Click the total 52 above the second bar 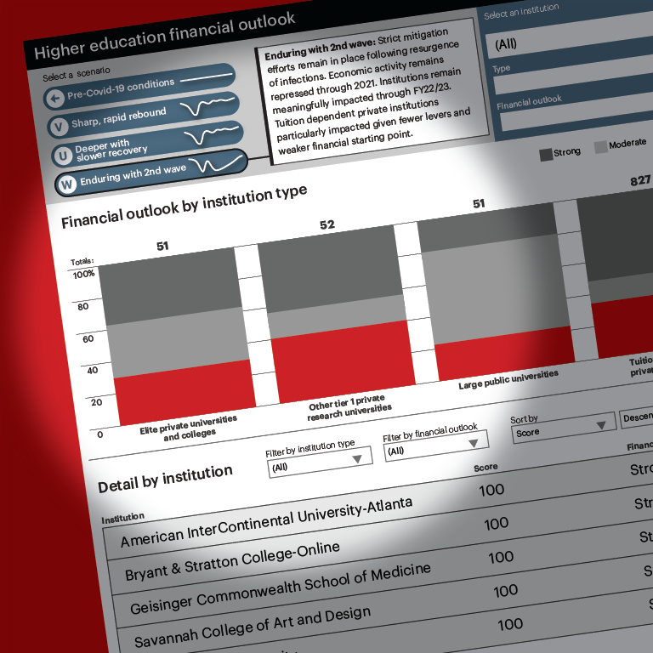(327, 225)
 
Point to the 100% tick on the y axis (85, 275)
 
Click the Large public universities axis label (508, 379)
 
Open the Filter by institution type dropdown (320, 462)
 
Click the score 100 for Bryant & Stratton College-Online (496, 524)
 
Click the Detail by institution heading (165, 478)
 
